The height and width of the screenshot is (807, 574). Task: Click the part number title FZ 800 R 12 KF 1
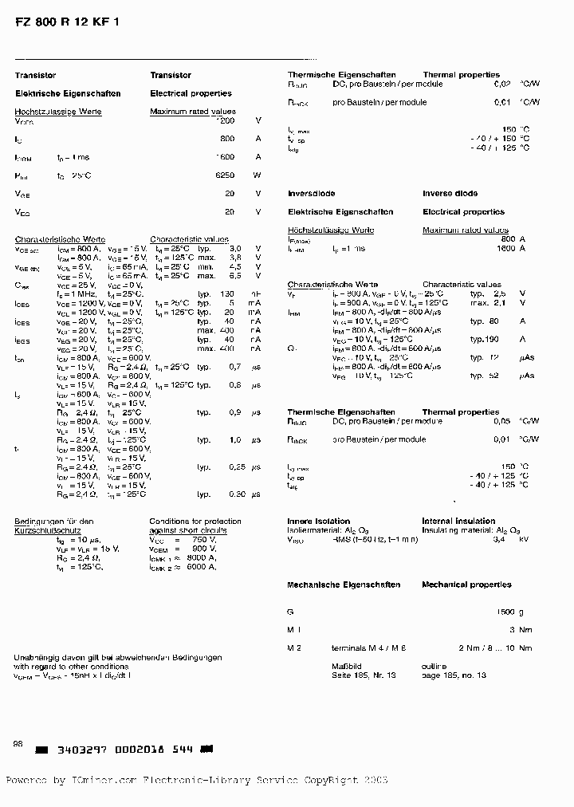coord(67,23)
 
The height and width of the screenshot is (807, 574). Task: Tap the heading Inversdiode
coord(311,194)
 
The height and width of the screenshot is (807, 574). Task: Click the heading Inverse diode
coord(450,194)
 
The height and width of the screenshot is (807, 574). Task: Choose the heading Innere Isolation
coord(319,521)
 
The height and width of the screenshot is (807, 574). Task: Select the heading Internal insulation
coord(458,521)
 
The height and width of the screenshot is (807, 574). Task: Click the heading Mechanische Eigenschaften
coord(344,585)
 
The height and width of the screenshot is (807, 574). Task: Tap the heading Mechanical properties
coord(466,585)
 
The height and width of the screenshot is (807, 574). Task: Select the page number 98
coord(18,743)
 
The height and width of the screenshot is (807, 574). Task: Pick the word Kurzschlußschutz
coord(44,529)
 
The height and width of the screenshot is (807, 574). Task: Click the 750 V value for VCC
coord(205,539)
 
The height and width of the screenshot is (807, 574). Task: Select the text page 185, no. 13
coord(454,675)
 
